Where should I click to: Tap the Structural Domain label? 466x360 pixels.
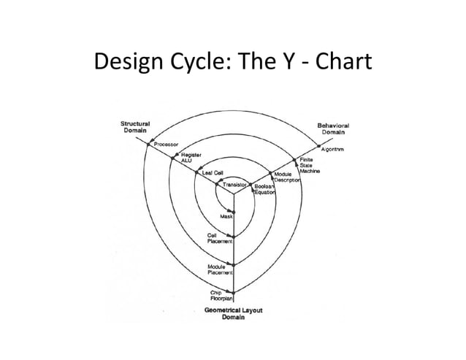[x=135, y=127]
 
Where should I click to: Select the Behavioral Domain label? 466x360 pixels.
[x=333, y=129]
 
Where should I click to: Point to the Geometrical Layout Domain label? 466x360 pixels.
[x=234, y=316]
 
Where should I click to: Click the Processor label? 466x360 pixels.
[x=166, y=145]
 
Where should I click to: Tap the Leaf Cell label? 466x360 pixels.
[x=213, y=173]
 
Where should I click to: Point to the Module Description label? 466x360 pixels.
[x=286, y=177]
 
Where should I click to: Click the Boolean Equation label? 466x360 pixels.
[x=264, y=190]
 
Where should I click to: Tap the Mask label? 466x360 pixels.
[x=227, y=218]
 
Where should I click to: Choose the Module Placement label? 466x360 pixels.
[x=220, y=269]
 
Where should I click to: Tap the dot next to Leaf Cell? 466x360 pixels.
[x=198, y=173]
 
